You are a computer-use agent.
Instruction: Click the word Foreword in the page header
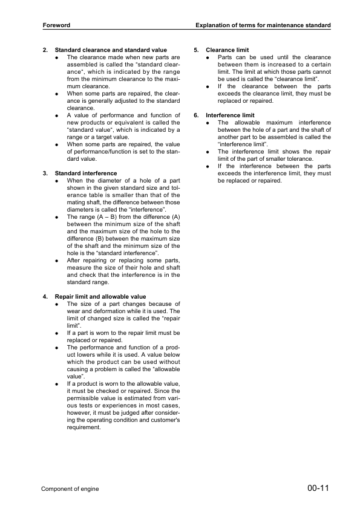[x=56, y=25]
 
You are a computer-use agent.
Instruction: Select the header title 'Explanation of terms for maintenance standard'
[x=263, y=25]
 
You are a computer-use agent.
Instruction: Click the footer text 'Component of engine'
[x=70, y=488]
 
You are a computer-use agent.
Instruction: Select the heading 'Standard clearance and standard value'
[x=111, y=50]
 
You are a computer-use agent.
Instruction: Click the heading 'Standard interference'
[x=86, y=173]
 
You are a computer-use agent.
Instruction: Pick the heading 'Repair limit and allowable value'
[x=100, y=297]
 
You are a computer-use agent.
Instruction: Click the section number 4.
[x=45, y=297]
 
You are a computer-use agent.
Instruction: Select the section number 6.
[x=196, y=115]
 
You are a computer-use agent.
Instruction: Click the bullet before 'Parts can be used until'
[x=208, y=57]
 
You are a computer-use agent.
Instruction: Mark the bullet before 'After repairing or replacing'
[x=56, y=261]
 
